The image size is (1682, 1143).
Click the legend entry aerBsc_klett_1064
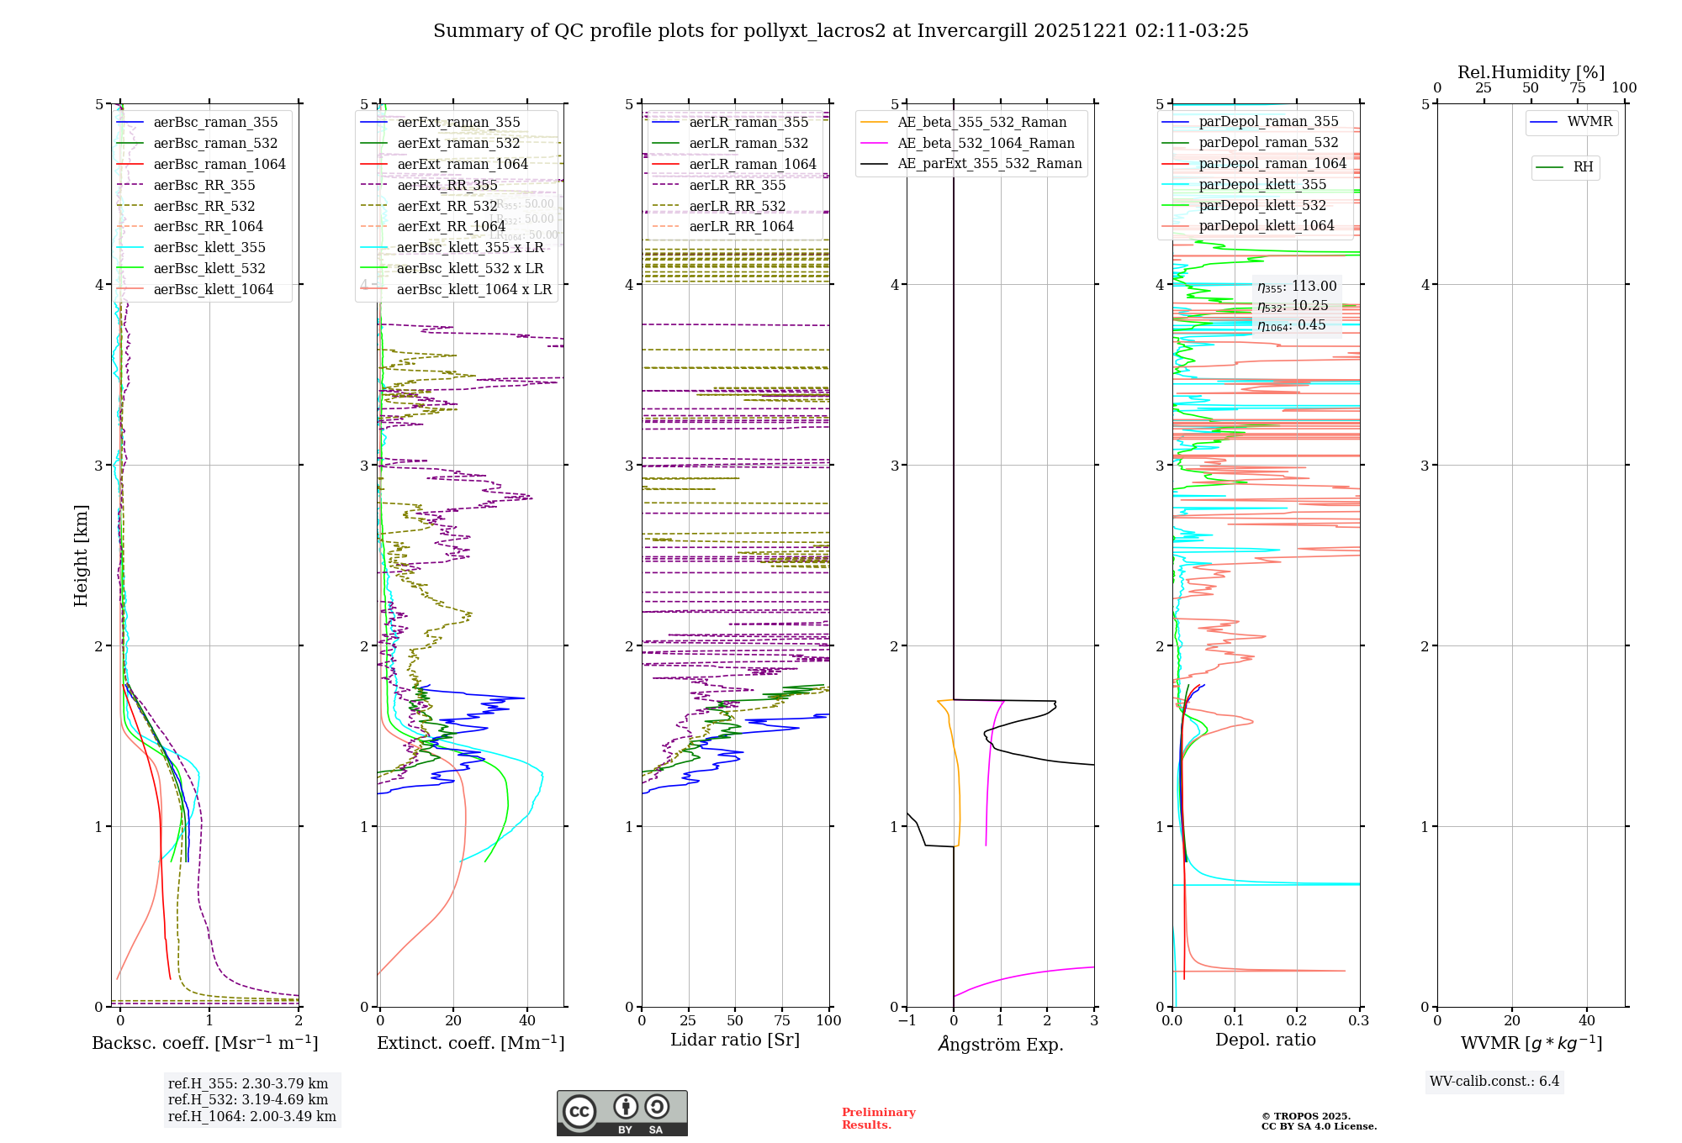213,289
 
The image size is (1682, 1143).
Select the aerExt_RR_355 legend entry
447,185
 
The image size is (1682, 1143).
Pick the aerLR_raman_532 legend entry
748,144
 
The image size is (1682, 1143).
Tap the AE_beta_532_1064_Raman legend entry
986,143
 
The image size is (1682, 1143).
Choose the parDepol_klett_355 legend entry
1261,184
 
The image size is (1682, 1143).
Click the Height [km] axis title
81,555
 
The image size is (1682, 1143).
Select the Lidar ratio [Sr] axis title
734,1040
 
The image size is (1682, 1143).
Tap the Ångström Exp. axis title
1000,1044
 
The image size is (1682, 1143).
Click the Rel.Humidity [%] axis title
1531,72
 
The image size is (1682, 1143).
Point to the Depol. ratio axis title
1265,1040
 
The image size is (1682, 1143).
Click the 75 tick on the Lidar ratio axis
782,1020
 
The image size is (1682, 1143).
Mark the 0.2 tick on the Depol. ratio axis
1297,1020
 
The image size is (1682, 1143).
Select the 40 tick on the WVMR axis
1586,1020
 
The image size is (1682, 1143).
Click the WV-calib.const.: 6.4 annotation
1494,1081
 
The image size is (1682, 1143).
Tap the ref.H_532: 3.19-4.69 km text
248,1099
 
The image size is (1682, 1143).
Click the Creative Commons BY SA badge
621,1113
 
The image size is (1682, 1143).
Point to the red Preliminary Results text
878,1118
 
